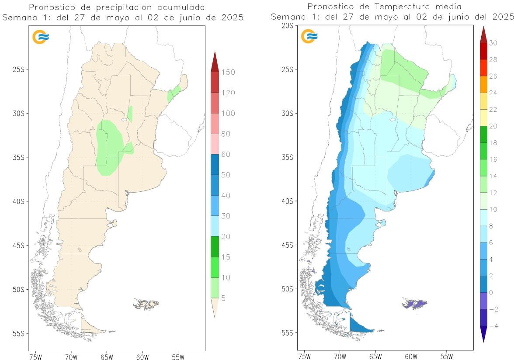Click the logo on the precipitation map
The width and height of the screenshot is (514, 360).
point(41,37)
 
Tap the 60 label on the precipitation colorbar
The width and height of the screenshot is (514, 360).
point(226,154)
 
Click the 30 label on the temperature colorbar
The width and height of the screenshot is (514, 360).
point(493,43)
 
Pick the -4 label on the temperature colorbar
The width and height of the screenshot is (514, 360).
point(493,325)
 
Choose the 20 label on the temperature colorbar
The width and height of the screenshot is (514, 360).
point(493,126)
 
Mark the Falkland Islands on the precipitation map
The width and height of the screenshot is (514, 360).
point(146,303)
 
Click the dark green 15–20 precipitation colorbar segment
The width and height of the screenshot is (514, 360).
point(214,246)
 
